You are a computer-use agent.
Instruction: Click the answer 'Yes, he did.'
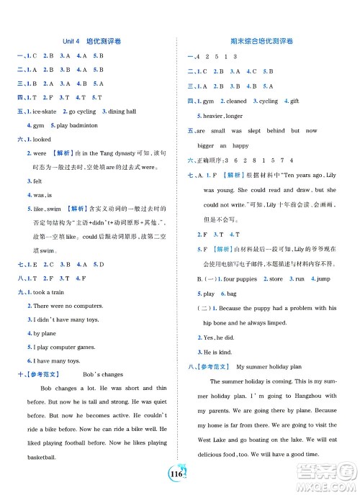click(x=218, y=337)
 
